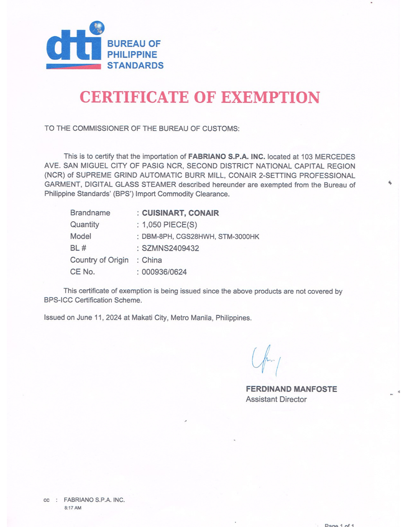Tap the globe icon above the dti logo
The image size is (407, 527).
click(97, 28)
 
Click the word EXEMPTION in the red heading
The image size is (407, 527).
click(270, 97)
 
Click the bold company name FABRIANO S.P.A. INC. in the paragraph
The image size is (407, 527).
click(226, 157)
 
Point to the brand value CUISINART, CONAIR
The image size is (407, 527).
click(180, 213)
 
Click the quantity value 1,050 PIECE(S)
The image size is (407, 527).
click(169, 225)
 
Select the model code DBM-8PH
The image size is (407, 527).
click(157, 237)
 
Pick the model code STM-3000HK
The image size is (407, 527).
click(239, 237)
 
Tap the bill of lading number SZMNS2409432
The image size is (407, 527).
click(170, 248)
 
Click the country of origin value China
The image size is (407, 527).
click(152, 260)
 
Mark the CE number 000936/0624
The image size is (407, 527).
click(164, 272)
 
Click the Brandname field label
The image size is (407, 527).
click(90, 213)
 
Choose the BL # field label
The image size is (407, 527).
click(78, 248)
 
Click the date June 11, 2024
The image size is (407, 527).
click(99, 318)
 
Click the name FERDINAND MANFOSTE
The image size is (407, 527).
click(291, 389)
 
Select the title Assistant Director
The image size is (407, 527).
click(276, 399)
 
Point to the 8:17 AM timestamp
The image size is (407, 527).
click(73, 508)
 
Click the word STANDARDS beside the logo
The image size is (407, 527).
click(135, 66)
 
